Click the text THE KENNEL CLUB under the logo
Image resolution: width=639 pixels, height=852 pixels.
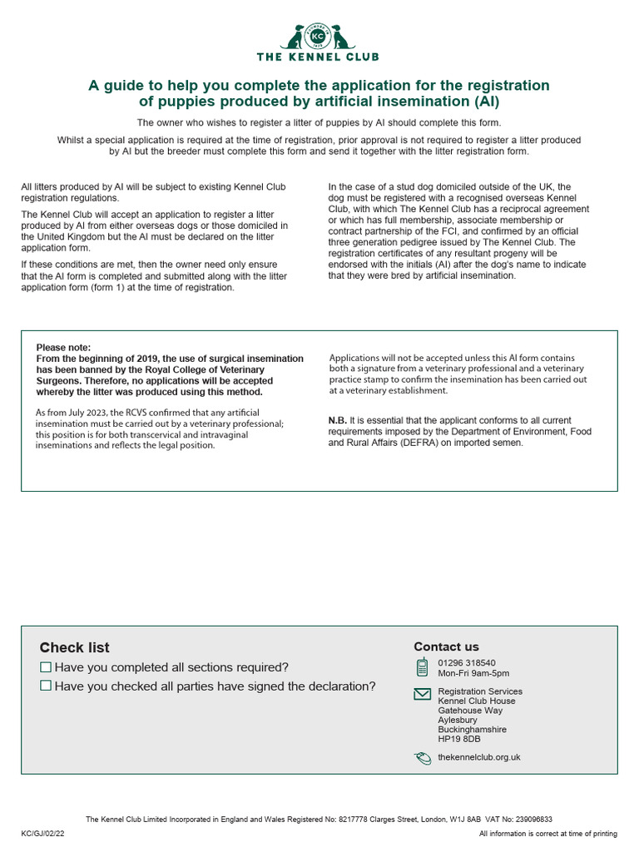coord(319,57)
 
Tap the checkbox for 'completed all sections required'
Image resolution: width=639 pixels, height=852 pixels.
coord(46,667)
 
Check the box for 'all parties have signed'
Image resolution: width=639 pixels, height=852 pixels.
coord(46,686)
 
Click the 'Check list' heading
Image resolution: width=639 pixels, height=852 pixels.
coord(74,648)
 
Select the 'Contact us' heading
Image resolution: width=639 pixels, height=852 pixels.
coord(446,646)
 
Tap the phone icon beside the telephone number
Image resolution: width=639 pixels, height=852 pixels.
coord(423,667)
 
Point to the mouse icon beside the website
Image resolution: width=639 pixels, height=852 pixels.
coord(423,757)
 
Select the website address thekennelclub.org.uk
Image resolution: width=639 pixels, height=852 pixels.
coord(479,757)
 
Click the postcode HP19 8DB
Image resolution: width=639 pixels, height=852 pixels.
coord(459,739)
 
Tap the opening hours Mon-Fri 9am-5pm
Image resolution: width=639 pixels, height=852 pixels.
coord(473,673)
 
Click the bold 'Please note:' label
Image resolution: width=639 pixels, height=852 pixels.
coord(63,347)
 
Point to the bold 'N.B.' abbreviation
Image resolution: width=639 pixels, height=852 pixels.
coord(337,421)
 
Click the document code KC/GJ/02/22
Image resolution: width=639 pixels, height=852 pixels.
coord(43,834)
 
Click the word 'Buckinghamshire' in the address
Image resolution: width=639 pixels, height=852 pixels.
coord(472,730)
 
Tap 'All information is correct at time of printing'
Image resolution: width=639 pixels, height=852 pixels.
coord(548,834)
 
